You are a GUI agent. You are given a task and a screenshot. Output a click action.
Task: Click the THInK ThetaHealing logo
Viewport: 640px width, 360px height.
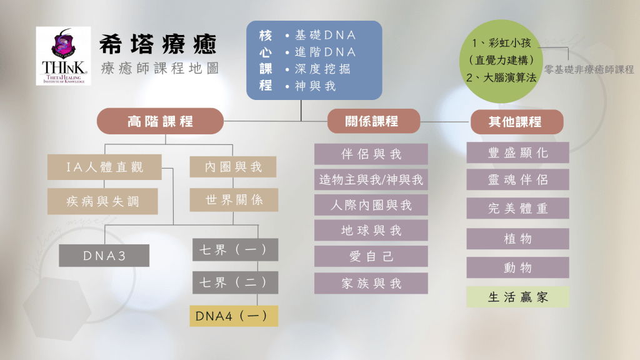click(x=63, y=56)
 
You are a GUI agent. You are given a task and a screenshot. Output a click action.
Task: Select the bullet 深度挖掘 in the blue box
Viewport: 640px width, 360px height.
click(x=315, y=69)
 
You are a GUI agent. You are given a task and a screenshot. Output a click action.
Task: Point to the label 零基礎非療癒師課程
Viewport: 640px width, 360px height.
click(x=589, y=69)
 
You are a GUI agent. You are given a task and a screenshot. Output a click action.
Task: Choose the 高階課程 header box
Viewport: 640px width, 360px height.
click(x=160, y=121)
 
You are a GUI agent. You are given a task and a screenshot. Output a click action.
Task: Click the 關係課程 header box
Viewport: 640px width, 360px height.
click(x=373, y=121)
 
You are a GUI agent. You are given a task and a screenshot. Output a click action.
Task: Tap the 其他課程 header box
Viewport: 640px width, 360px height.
click(x=516, y=122)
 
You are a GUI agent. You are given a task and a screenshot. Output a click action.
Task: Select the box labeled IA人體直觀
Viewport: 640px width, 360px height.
click(x=104, y=167)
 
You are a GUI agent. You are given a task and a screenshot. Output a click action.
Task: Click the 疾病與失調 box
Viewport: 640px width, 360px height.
click(x=102, y=201)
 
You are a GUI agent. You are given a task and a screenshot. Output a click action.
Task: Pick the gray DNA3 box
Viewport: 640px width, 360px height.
click(x=104, y=256)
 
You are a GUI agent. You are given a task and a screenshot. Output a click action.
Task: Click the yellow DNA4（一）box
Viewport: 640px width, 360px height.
click(x=234, y=316)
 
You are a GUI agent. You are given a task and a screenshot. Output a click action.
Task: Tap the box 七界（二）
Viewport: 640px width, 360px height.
click(x=234, y=282)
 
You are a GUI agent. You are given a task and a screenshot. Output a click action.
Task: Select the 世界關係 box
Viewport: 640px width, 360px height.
click(x=234, y=200)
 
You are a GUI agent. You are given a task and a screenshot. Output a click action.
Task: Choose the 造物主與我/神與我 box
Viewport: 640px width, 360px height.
click(x=371, y=180)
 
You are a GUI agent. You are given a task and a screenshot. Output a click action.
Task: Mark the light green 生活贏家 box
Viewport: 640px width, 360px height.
click(x=517, y=297)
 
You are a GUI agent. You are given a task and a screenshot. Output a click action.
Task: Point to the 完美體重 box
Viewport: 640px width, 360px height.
click(x=517, y=208)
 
